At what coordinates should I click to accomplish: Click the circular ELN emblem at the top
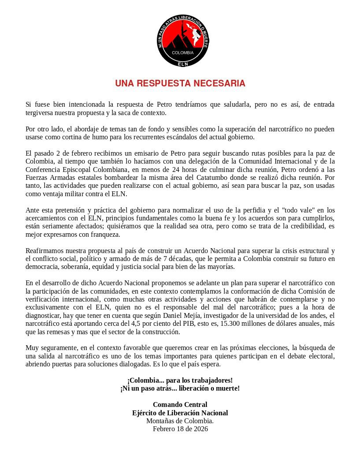pos(183,41)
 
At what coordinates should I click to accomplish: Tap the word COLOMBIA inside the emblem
pos(182,52)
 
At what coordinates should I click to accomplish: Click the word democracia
pos(42,267)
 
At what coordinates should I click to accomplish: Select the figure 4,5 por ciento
pos(158,324)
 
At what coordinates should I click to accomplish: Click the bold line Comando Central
pos(180,405)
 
